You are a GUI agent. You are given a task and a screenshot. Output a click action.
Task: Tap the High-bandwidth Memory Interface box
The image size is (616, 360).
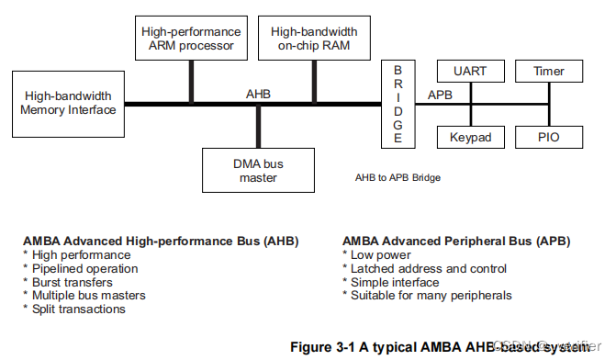point(70,103)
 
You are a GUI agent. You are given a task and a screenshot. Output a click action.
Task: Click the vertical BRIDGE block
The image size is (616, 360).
point(398,103)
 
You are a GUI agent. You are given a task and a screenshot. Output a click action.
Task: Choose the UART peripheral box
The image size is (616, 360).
point(471,71)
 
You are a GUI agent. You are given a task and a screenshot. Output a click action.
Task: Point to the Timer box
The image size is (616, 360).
point(549,71)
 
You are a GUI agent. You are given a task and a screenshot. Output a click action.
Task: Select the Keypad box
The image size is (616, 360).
point(471,137)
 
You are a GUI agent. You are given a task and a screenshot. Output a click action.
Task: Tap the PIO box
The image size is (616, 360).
point(549,137)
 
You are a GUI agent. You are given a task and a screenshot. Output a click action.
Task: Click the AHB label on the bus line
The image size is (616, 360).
point(258,94)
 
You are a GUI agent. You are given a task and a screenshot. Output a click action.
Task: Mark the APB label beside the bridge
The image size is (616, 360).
point(441,94)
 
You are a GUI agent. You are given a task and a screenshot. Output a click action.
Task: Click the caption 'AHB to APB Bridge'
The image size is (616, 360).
point(398,177)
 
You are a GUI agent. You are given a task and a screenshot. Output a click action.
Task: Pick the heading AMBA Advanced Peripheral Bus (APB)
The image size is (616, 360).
point(456,241)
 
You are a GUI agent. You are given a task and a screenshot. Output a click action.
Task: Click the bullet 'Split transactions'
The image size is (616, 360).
point(79,309)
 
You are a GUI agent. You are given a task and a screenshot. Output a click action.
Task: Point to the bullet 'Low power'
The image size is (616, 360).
point(380,254)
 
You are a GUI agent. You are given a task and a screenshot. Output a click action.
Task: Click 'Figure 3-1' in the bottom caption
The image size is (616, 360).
point(328,347)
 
